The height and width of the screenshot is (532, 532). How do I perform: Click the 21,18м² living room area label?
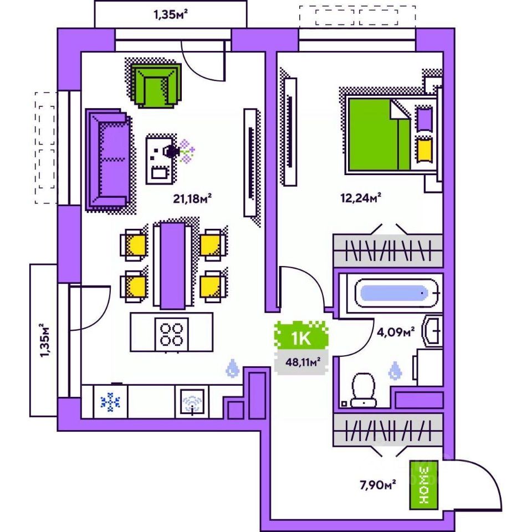193,198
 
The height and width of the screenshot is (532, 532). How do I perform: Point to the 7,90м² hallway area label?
377,485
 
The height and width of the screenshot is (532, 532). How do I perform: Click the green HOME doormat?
424,485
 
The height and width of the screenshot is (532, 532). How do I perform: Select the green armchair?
156,85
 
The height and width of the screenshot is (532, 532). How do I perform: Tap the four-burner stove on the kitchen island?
172,334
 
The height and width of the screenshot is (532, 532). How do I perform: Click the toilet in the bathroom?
364,390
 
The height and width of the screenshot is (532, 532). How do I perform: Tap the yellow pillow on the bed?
424,149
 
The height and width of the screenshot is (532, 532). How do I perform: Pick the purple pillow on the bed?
424,119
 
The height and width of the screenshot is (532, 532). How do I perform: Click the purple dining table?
172,265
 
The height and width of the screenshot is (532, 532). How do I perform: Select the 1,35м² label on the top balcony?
170,14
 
